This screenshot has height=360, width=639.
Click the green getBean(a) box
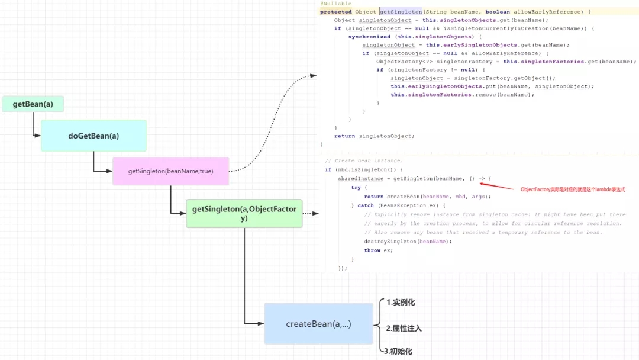33,104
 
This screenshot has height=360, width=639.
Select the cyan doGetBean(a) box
93,136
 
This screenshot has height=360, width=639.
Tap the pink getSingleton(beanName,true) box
170,171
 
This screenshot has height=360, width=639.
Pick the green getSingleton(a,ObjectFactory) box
244,214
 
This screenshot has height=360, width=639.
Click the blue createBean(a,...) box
318,324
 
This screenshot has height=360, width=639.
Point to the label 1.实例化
401,303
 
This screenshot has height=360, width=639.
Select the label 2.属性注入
404,328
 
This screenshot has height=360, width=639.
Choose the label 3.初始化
398,352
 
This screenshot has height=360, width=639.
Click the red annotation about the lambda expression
573,189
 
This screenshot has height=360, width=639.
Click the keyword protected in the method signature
335,12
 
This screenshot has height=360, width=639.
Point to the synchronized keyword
369,37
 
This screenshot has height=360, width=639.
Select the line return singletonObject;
374,136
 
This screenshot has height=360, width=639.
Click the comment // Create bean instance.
364,161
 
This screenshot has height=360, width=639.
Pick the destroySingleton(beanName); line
404,242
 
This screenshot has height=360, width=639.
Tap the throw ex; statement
378,250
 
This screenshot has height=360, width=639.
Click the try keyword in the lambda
355,188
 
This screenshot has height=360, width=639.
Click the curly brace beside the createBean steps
377,325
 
